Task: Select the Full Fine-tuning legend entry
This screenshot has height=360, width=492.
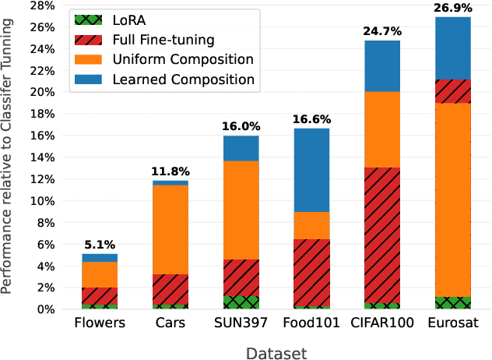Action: [168, 38]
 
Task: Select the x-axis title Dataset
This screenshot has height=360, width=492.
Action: [276, 352]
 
